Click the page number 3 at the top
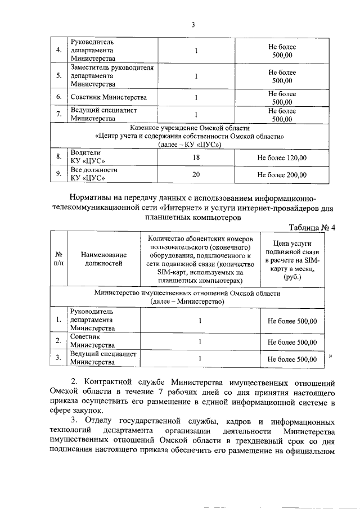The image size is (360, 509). [192, 24]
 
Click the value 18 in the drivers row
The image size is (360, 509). [196, 157]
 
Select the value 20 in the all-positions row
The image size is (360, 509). [196, 174]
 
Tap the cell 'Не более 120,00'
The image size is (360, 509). [282, 157]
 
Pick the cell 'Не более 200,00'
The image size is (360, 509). [282, 174]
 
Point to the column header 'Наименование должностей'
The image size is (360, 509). [103, 259]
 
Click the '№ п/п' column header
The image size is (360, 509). [58, 259]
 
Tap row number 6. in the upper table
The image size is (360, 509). [58, 97]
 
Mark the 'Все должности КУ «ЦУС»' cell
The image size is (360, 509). [93, 174]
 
